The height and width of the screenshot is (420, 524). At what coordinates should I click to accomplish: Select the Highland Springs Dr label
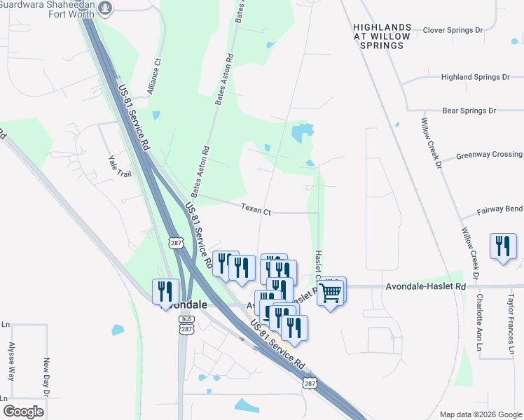[x=473, y=78]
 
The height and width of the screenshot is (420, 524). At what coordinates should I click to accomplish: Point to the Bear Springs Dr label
[x=469, y=111]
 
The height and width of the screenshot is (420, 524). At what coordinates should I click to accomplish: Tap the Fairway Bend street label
[x=499, y=209]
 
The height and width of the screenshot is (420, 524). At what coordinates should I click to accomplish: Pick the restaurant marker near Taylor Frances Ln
[x=502, y=246]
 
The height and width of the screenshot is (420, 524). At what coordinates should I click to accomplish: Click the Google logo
[x=23, y=412]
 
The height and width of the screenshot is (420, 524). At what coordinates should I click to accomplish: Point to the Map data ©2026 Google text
[x=480, y=414]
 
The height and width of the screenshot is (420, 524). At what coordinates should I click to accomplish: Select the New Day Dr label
[x=46, y=378]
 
